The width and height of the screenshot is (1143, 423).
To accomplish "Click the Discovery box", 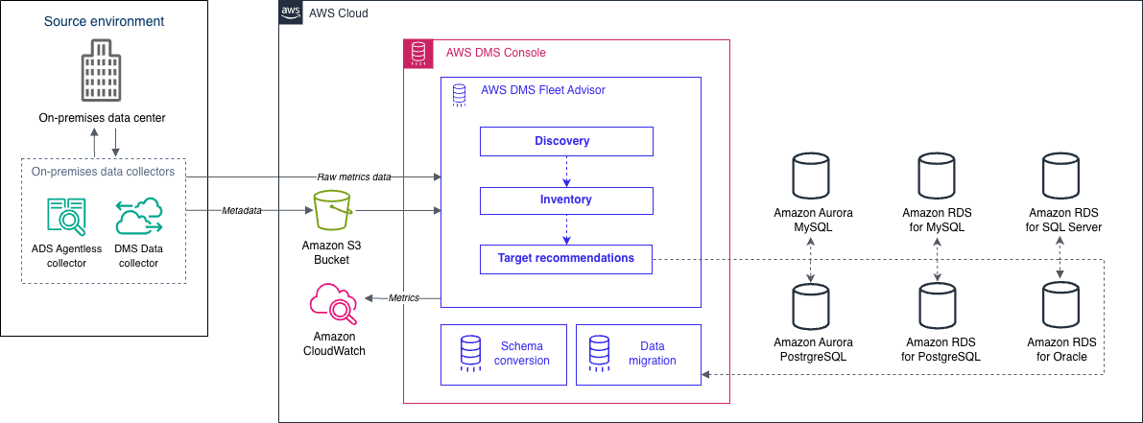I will [566, 142].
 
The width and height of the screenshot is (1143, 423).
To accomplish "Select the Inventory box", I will [566, 200].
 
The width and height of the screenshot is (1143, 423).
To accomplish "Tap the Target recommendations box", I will [566, 259].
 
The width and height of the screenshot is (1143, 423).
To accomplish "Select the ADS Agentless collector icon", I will [66, 216].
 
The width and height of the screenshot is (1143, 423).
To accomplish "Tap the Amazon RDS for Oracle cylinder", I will [1061, 305].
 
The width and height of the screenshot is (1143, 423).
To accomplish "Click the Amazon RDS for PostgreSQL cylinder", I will [938, 305].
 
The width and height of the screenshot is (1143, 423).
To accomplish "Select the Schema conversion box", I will [499, 354].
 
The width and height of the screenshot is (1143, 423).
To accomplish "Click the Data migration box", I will [638, 354].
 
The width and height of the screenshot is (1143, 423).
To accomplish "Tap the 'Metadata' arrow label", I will [241, 210].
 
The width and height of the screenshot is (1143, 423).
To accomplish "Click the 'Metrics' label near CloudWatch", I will [403, 298].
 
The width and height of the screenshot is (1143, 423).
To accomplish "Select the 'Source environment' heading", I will [104, 21].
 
